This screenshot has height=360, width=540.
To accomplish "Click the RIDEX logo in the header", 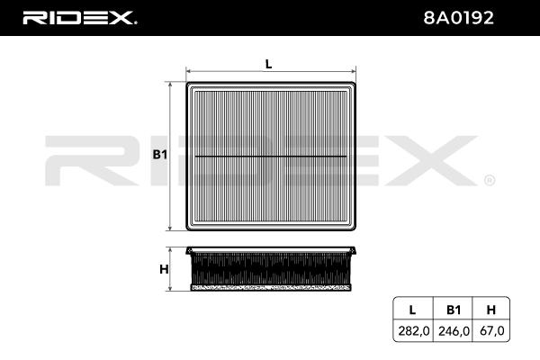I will (78, 16).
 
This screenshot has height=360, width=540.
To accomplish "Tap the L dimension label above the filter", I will (268, 62).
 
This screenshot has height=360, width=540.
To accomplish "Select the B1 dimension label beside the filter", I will (160, 155).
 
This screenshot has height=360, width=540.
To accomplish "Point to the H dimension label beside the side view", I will (164, 269).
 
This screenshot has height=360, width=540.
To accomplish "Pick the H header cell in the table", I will (490, 310).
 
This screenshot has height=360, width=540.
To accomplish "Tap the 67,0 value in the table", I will (490, 331).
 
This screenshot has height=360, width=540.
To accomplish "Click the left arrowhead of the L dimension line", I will (189, 70).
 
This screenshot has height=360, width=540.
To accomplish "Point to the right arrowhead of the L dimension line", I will (354, 70).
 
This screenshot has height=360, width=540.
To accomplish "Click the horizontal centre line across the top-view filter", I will (271, 156).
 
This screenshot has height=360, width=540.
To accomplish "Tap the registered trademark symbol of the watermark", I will (489, 180).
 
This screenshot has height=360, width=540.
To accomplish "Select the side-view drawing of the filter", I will (271, 269).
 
